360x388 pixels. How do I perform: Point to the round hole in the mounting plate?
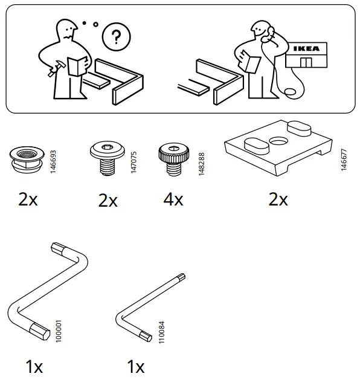tap(279, 143)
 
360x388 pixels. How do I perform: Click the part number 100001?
tap(59, 333)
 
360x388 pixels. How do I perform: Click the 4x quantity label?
tap(173, 199)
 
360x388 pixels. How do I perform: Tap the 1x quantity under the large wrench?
tap(34, 367)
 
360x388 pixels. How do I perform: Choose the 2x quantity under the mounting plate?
tap(278, 199)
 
